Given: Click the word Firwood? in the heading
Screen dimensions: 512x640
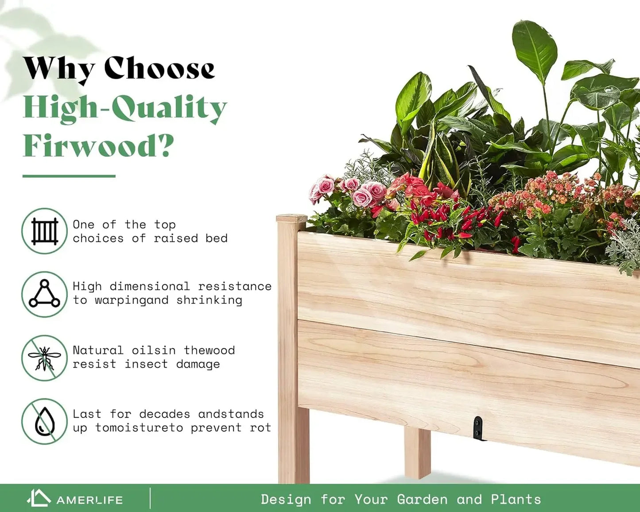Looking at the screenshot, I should (x=98, y=145).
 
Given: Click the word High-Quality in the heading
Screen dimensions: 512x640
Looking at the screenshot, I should (x=124, y=108).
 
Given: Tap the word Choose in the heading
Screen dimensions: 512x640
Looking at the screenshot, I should (x=159, y=68).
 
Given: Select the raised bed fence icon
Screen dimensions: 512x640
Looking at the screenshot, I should (x=44, y=231).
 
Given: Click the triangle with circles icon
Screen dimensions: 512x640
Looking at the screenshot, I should (x=44, y=294).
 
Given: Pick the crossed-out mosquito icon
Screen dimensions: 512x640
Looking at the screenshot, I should (x=44, y=358).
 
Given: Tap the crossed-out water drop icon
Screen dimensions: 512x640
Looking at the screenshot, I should (x=44, y=421).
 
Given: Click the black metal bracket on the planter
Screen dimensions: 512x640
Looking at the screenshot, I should (x=478, y=428).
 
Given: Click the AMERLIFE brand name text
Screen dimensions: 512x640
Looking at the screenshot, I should (x=89, y=500).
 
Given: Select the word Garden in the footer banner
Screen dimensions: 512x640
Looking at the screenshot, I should (x=422, y=500).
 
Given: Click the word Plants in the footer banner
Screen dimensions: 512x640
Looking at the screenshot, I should (x=516, y=500).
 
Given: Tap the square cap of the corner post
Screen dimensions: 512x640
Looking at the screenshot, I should (x=291, y=218).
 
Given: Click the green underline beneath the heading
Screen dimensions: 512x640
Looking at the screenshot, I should (x=69, y=176).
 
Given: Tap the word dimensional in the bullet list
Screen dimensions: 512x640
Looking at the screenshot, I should (x=150, y=286).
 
